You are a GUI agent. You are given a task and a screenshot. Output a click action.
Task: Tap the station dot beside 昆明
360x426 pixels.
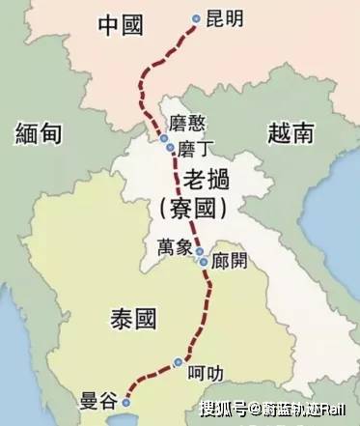(197, 18)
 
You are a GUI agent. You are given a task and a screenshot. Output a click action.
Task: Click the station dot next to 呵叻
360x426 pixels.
(178, 363)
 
